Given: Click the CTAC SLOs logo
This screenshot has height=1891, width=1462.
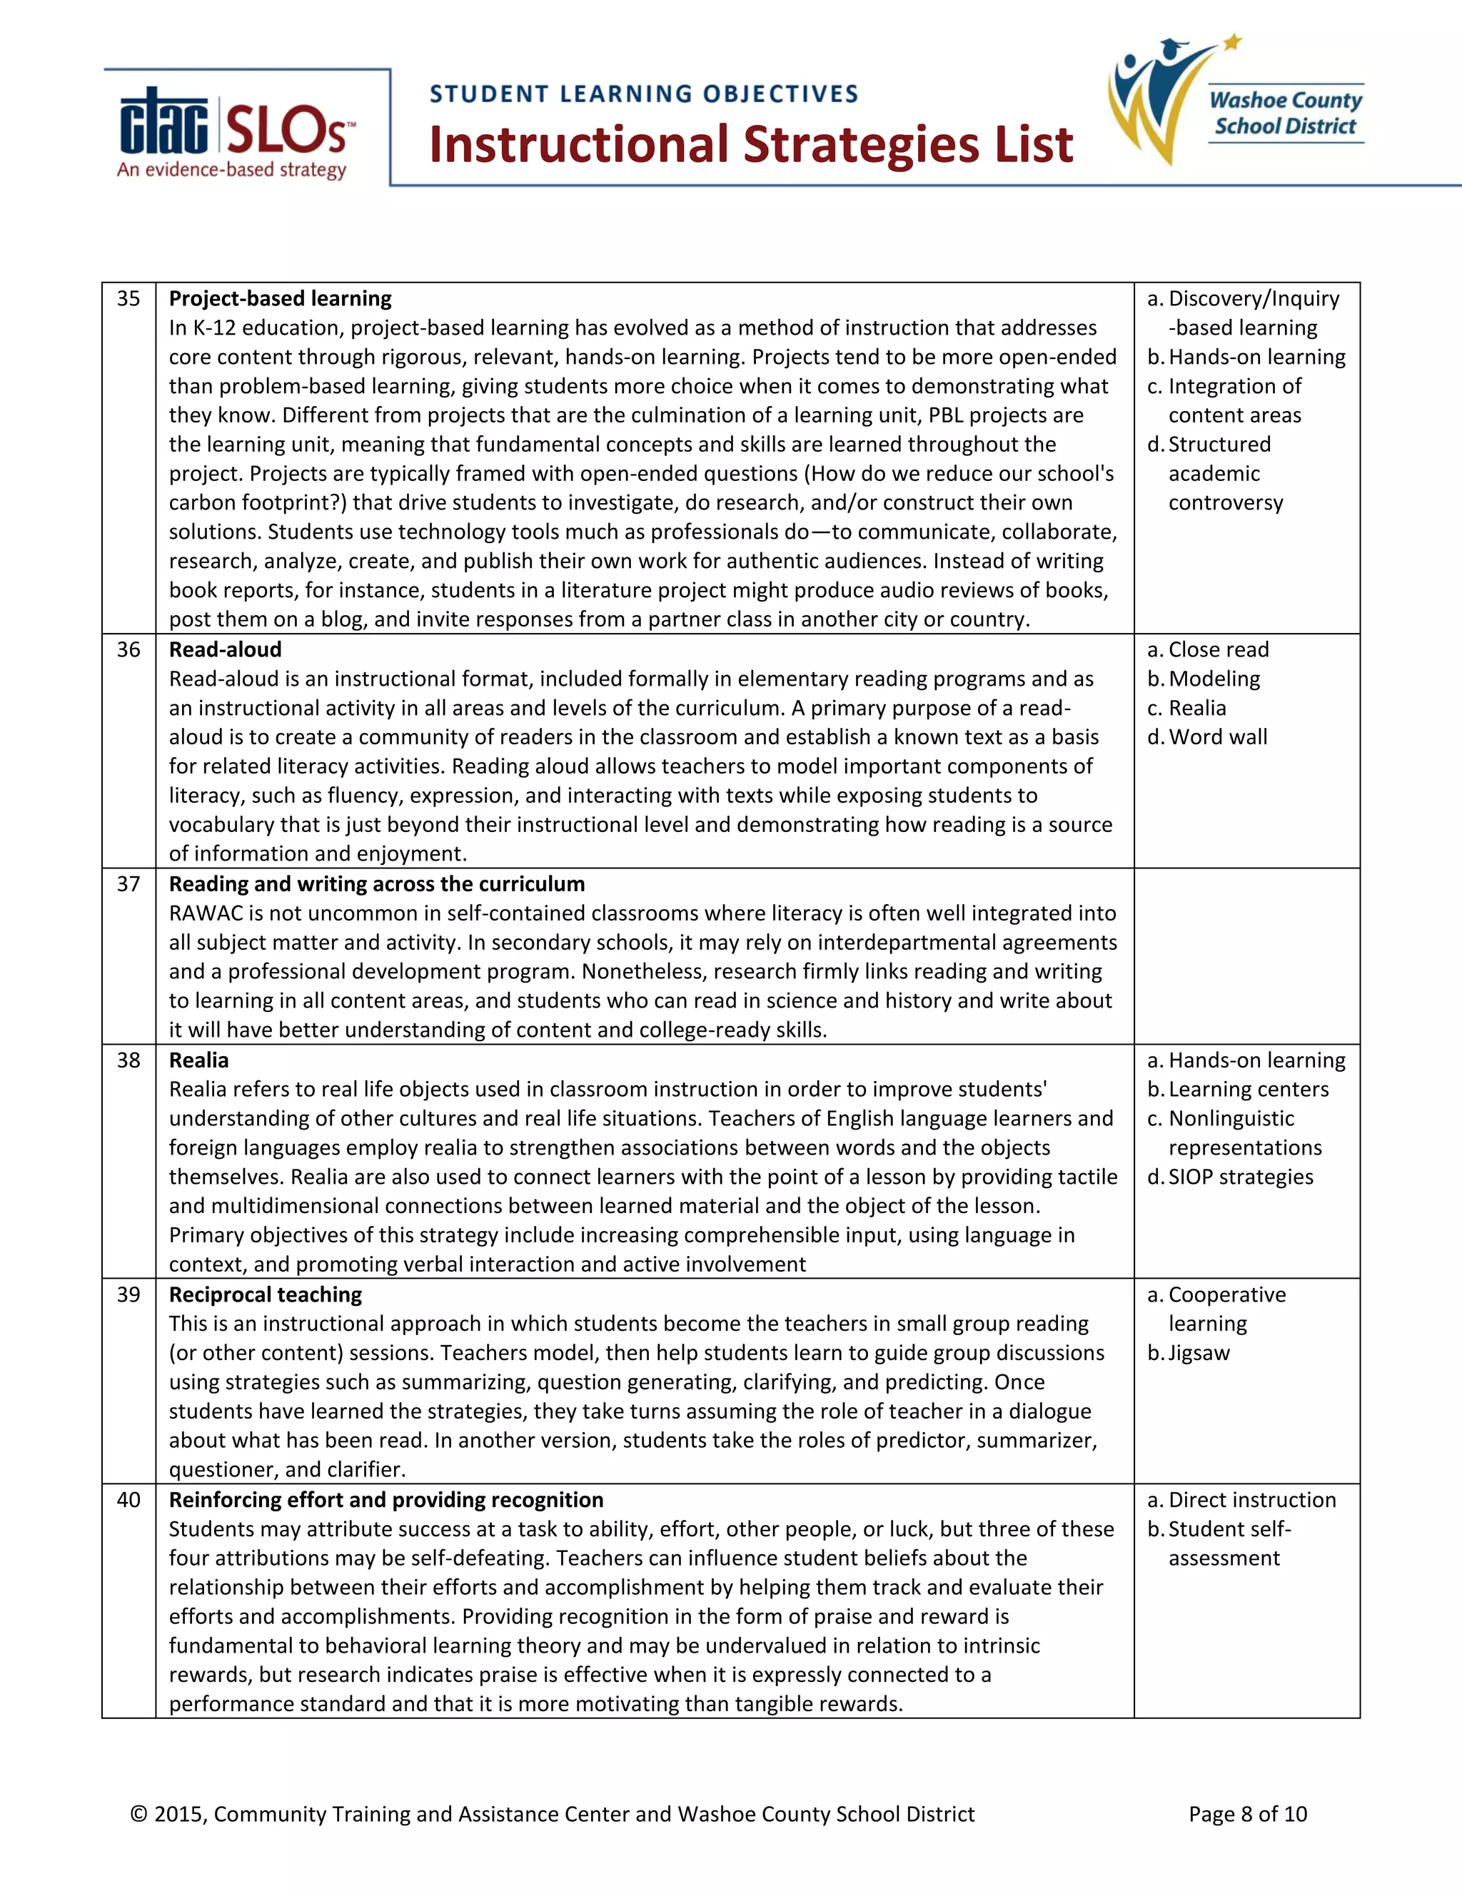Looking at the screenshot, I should tap(236, 131).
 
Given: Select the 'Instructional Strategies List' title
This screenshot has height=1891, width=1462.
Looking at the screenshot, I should tap(751, 145).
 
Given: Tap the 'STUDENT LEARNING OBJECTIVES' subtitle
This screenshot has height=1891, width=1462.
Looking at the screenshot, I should tap(643, 93).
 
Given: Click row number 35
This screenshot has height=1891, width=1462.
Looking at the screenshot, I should tap(128, 299).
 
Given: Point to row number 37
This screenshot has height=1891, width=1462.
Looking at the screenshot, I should tap(128, 884).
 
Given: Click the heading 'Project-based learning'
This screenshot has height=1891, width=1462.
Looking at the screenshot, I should tap(280, 299).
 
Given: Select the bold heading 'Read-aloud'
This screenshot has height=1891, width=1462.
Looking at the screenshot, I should tap(225, 649).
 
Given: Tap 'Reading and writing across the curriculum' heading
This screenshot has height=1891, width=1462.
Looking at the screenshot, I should tap(377, 884).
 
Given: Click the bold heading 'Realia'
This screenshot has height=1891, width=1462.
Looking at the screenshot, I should tap(198, 1060).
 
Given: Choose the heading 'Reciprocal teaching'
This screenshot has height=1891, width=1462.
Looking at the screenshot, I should tap(265, 1294).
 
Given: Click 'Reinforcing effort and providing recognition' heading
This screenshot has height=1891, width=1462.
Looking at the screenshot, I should tap(385, 1500).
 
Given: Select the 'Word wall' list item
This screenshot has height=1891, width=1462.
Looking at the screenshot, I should tap(1217, 737).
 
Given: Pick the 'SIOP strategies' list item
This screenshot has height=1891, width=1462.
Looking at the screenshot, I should tap(1239, 1177).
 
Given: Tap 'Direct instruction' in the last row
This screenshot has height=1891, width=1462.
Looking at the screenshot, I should tap(1251, 1500).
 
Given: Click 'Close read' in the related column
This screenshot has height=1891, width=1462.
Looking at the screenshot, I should tap(1218, 649).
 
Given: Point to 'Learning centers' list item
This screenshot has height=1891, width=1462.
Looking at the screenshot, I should tap(1248, 1089).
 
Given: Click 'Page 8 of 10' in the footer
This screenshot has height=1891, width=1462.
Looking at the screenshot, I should tap(1247, 1814).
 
